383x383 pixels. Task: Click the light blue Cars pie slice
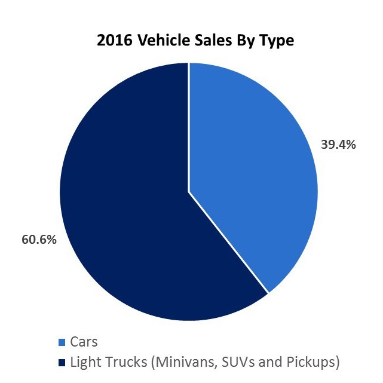coord(251,167)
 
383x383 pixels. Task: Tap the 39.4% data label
coord(339,145)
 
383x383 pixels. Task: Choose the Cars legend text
coord(84,342)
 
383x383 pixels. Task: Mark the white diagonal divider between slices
coord(229,243)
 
